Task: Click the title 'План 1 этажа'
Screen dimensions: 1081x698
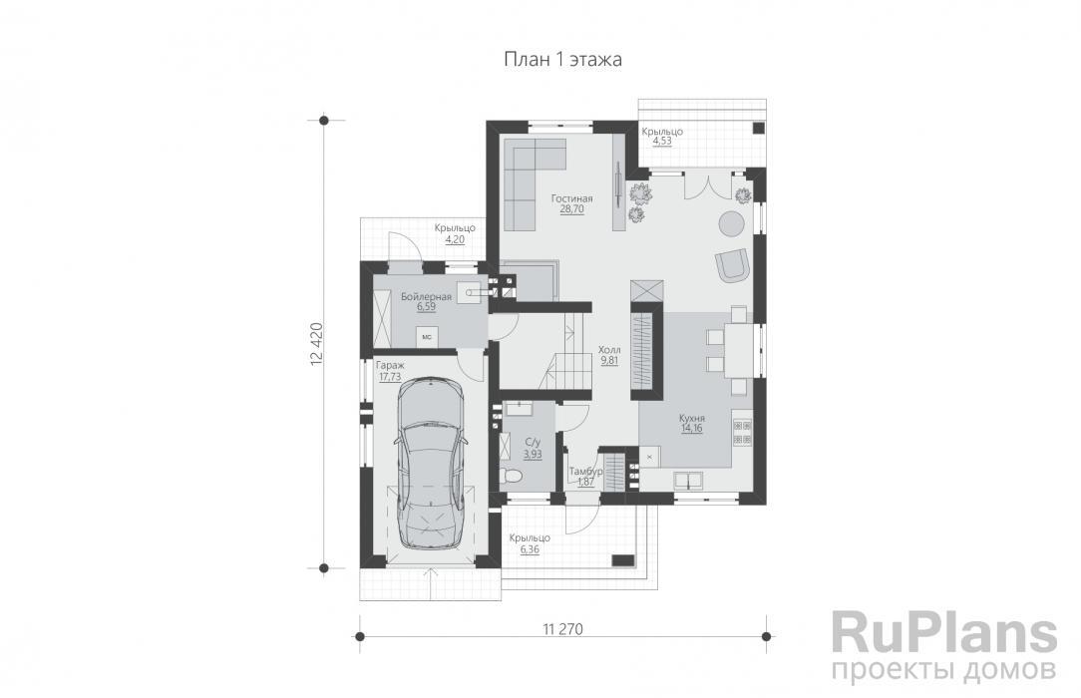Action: tap(562, 60)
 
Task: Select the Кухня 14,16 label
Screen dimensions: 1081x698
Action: tap(691, 423)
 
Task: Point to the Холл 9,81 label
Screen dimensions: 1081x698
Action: tap(609, 355)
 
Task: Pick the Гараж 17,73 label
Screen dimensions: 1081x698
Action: tap(390, 371)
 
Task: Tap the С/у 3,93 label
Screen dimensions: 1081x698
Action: tap(533, 448)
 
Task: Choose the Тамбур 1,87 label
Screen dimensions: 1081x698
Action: tap(586, 476)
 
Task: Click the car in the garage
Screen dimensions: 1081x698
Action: tap(429, 463)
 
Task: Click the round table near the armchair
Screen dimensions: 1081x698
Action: tap(732, 223)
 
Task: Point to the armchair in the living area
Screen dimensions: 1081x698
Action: tap(732, 264)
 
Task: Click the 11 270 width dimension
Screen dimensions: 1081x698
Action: tap(563, 629)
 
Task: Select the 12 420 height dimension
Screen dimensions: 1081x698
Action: tap(316, 343)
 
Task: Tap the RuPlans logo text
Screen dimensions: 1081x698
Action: tap(943, 633)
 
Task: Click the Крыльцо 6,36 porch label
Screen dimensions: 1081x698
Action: tap(530, 543)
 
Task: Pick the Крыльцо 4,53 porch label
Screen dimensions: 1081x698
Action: tap(662, 136)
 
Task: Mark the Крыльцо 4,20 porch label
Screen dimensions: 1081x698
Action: tap(455, 234)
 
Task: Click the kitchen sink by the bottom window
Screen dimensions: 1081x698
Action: tap(687, 480)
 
